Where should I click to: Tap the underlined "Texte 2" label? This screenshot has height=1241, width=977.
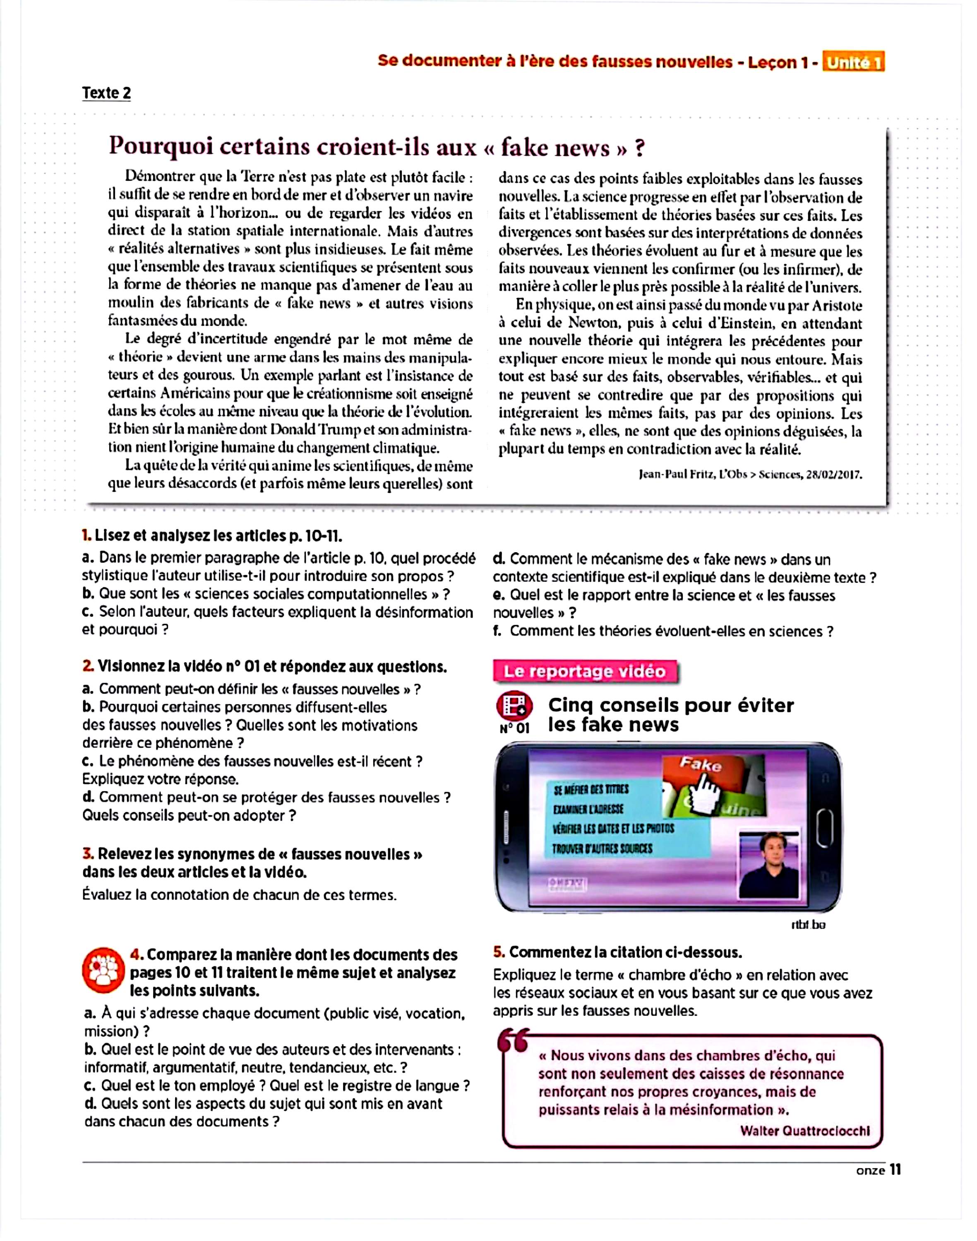point(106,93)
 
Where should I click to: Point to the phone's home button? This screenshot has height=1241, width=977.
point(824,827)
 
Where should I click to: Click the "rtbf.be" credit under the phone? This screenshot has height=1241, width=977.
point(808,925)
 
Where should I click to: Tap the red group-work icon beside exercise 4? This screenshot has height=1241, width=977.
point(103,971)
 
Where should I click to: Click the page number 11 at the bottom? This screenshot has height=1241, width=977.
point(895,1171)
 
